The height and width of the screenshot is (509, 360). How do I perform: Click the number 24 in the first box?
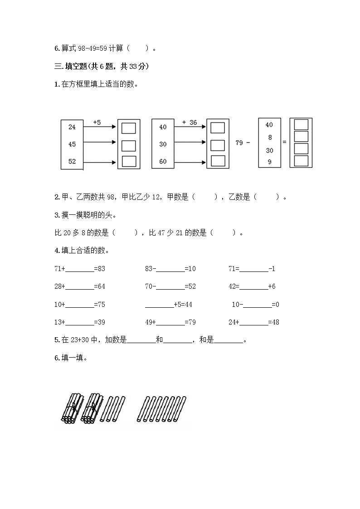tap(72, 127)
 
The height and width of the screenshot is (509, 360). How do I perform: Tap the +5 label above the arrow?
tap(97, 122)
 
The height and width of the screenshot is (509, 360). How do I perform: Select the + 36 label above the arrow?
tap(190, 122)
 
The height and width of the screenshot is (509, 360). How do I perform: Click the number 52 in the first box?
tap(72, 161)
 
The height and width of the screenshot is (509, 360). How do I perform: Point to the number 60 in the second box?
tap(163, 161)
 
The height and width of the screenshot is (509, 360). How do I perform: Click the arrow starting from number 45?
tap(100, 142)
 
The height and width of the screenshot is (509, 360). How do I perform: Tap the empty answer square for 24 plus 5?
tap(129, 128)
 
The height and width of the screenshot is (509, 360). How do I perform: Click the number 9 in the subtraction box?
tap(270, 161)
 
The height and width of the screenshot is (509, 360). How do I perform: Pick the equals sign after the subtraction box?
tap(284, 142)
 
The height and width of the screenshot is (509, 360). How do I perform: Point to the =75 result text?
tap(99, 305)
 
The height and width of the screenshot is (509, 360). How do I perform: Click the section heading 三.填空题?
tap(73, 67)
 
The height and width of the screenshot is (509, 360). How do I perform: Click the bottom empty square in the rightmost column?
tap(301, 161)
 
